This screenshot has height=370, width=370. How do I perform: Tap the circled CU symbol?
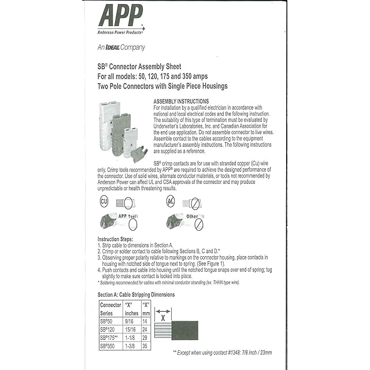tap(104, 201)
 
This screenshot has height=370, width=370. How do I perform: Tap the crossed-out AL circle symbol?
tap(171, 201)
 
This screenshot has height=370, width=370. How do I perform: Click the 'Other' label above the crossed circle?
tap(193, 216)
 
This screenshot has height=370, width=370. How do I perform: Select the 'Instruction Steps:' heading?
tap(116, 239)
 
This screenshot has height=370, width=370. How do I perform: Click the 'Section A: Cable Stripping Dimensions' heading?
tap(136, 294)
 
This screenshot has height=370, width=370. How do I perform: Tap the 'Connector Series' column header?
tap(110, 308)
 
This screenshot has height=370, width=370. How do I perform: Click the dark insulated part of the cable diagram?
tap(185, 330)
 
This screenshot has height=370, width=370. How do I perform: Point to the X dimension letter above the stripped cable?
tap(164, 317)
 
